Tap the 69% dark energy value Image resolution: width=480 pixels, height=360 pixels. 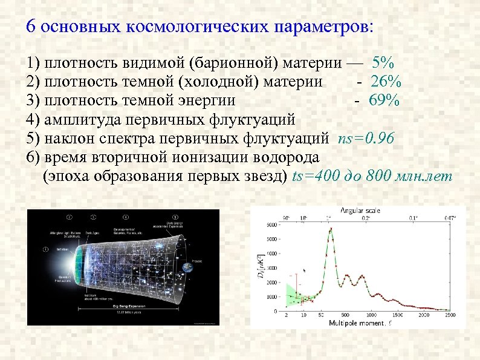(385, 100)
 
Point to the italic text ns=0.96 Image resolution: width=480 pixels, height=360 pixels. (366, 139)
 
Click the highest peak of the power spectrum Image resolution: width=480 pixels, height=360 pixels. (331, 229)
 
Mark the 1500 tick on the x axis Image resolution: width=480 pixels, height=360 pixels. (397, 316)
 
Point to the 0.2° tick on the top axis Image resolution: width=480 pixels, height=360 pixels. (366, 217)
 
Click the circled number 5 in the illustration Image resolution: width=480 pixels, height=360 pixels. (175, 217)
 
